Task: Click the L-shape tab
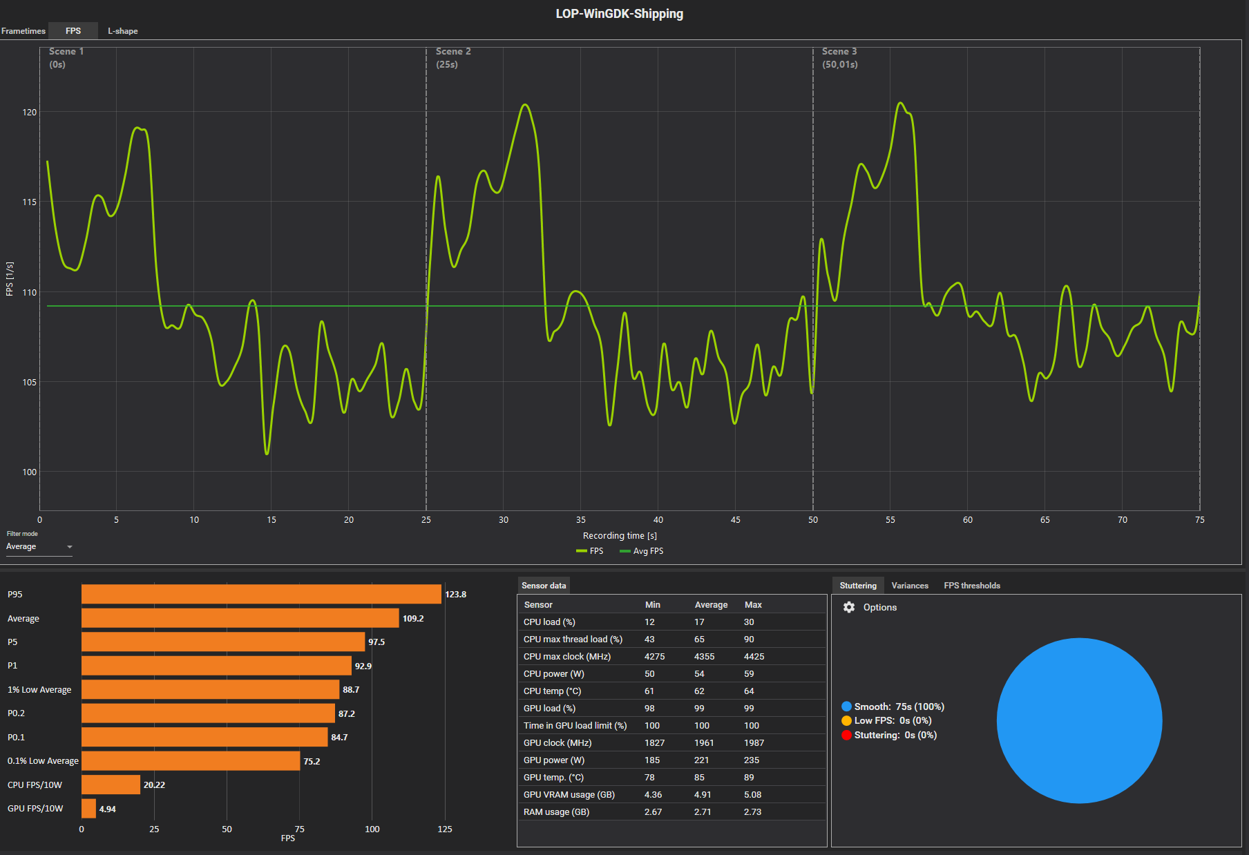122,31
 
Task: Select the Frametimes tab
23,31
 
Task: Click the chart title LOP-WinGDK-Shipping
619,14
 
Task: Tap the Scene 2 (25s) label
453,58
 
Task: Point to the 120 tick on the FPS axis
29,112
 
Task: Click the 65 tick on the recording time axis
1045,520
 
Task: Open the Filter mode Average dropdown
39,546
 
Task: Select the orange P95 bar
261,594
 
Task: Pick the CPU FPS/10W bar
111,785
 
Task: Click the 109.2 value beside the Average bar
413,618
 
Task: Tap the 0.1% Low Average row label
43,761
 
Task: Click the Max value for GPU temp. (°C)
749,778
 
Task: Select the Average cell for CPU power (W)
699,674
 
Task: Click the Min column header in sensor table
652,605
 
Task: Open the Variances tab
909,586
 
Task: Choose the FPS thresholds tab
971,586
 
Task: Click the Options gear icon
849,607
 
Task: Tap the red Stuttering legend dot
846,735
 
